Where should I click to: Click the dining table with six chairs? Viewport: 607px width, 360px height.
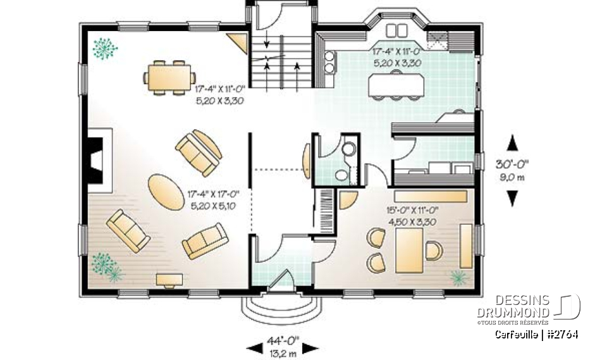click(x=169, y=77)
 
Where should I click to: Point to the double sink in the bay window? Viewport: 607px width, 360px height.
click(x=396, y=30)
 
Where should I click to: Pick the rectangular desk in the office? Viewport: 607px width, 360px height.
click(x=409, y=250)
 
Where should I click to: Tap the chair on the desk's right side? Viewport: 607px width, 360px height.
click(x=434, y=251)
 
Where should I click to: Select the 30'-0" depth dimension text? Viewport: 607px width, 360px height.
click(x=512, y=163)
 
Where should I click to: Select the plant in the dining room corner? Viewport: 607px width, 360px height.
click(x=104, y=48)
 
